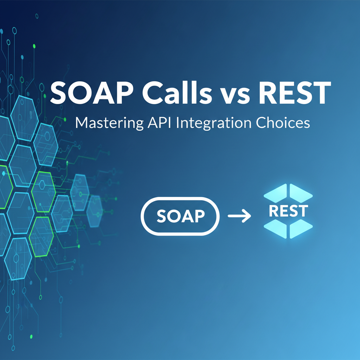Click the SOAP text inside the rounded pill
[180, 216]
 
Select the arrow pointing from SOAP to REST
[239, 216]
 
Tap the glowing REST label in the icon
[288, 211]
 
